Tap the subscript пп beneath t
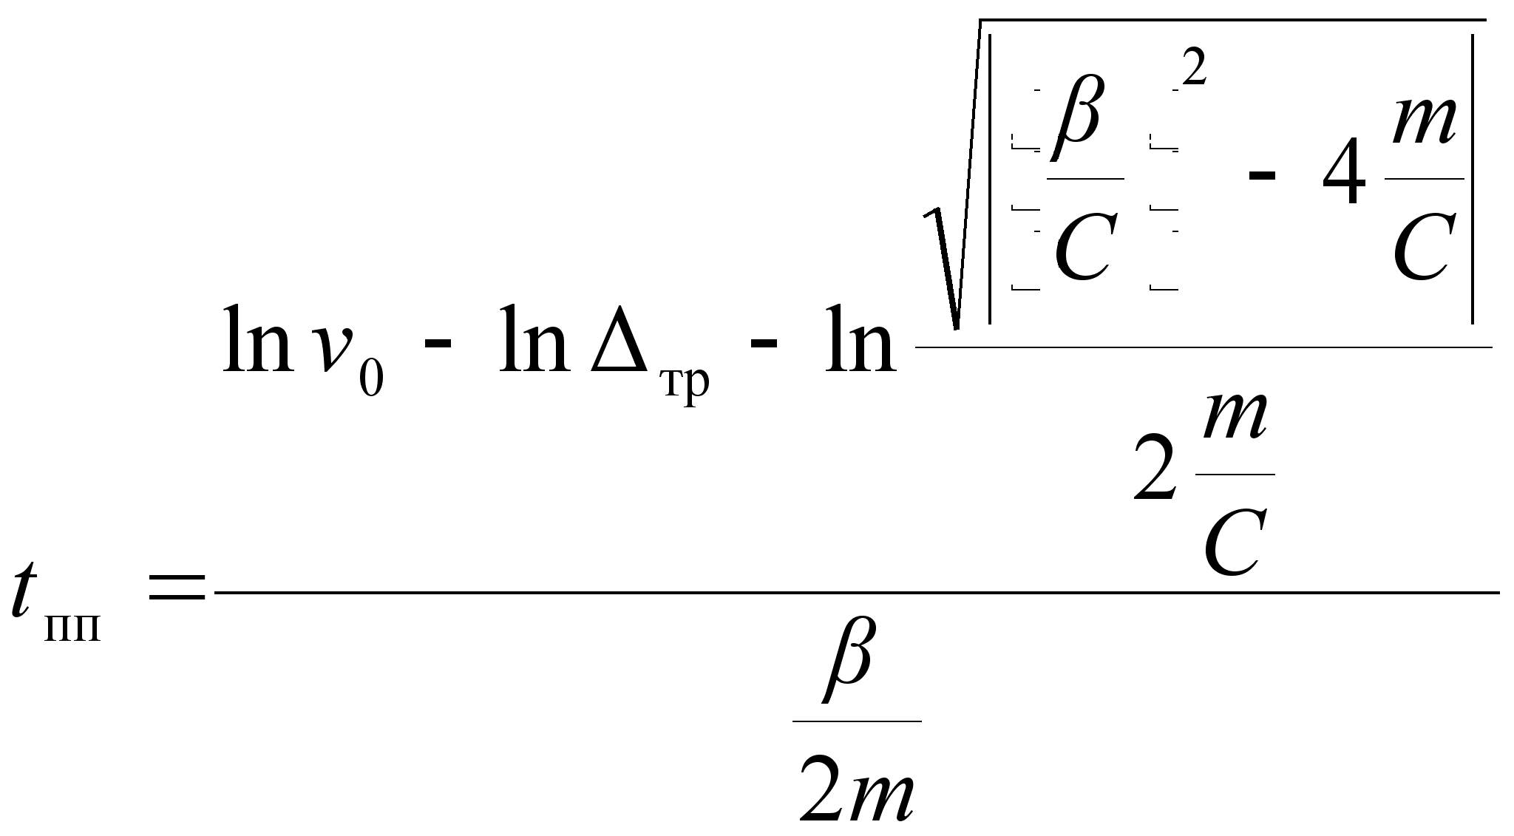[x=72, y=629]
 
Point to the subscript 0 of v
[x=371, y=379]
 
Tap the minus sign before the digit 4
[x=1262, y=177]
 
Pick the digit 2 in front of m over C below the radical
[x=1155, y=469]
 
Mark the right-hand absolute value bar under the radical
[x=1473, y=178]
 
